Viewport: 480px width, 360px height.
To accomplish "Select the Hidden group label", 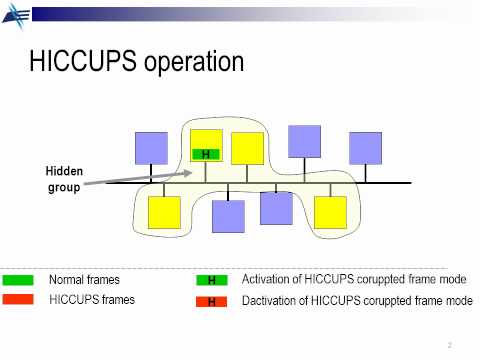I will (64, 179).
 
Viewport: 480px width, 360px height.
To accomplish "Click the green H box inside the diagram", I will (205, 154).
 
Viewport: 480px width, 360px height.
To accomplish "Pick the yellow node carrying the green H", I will (206, 140).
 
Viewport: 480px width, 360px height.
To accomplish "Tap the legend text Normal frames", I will (85, 280).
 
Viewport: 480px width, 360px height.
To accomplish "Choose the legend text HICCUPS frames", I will (92, 299).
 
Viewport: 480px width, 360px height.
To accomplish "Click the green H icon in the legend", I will (212, 281).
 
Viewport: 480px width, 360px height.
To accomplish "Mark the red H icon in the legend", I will (212, 301).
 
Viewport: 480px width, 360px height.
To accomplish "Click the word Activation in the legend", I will (267, 280).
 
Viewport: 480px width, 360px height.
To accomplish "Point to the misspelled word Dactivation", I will (271, 300).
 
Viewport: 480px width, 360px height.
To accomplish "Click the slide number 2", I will (450, 345).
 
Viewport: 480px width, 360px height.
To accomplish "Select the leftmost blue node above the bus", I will (152, 148).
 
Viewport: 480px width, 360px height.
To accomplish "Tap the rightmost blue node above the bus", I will (365, 148).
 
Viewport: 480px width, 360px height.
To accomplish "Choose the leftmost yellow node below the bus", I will (164, 212).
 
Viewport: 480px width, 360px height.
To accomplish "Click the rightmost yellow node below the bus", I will (330, 212).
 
